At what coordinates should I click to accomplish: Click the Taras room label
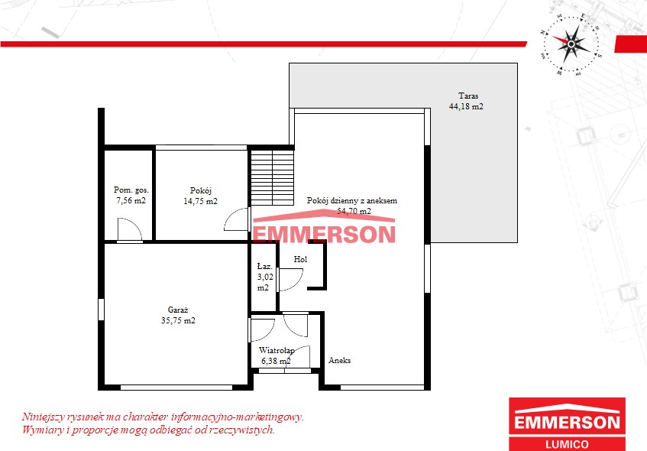point(468,96)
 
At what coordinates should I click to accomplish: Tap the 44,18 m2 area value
point(466,106)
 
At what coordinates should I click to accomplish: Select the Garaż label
point(178,310)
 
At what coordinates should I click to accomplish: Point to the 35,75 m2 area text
point(178,320)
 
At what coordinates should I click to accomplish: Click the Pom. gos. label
point(131,190)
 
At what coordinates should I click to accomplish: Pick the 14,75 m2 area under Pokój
point(201,202)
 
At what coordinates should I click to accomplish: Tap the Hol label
point(300,259)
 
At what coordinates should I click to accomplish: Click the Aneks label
point(340,360)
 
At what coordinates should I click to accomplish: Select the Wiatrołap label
point(277,350)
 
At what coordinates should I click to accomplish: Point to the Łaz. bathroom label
point(265,266)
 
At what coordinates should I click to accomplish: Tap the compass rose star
point(571,44)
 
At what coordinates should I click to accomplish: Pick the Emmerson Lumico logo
point(567,424)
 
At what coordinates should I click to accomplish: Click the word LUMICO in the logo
point(567,444)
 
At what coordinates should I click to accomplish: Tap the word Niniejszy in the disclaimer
point(43,417)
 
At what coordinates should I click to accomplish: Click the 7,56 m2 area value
point(131,201)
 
